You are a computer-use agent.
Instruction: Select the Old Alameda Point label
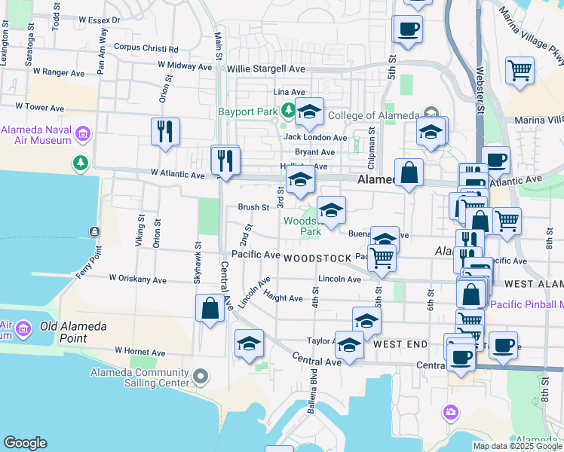coord(73,327)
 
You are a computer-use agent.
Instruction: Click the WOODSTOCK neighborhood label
coord(317,258)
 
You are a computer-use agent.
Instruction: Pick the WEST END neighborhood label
coord(400,344)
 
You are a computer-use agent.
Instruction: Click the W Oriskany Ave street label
coord(137,279)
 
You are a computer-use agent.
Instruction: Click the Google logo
coord(25,443)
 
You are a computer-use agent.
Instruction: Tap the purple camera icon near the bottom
coord(451,411)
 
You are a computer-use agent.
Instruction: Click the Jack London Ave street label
coord(315,137)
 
